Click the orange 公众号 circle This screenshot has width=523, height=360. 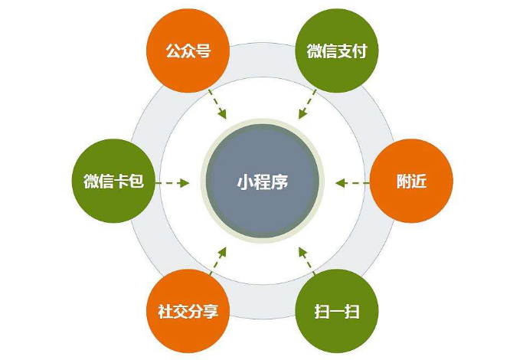click(x=188, y=51)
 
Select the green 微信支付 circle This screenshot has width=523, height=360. click(x=337, y=51)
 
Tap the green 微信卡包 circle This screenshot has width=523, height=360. click(x=114, y=182)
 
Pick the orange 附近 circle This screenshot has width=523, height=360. click(x=411, y=182)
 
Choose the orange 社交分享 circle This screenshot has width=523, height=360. click(x=188, y=311)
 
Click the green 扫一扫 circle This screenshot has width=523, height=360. click(x=337, y=311)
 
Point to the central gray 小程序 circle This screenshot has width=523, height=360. click(x=263, y=182)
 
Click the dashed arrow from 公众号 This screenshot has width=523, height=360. click(x=217, y=104)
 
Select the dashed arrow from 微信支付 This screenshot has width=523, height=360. click(x=307, y=104)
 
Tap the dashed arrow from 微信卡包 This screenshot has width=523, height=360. click(x=172, y=183)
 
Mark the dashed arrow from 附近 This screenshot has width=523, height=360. click(x=352, y=183)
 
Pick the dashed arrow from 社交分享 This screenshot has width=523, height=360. click(x=218, y=260)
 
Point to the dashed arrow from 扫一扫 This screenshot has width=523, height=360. click(x=306, y=260)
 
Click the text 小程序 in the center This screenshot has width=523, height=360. click(x=263, y=182)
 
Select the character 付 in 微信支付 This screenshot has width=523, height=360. click(x=360, y=51)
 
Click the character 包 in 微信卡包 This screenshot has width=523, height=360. click(x=136, y=182)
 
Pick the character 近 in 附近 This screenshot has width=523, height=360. click(x=420, y=182)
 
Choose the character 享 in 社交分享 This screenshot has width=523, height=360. click(x=211, y=311)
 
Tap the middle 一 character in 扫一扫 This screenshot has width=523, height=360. click(x=337, y=312)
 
